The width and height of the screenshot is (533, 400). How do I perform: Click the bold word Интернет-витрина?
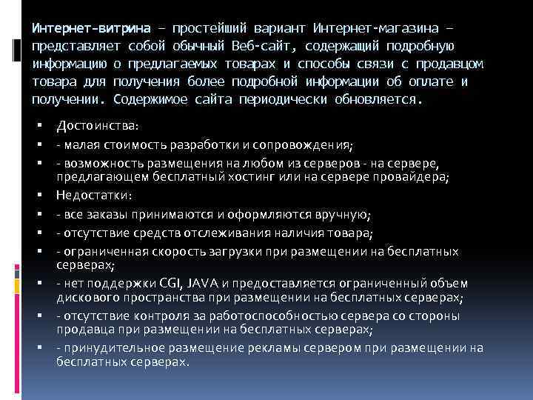pos(89,29)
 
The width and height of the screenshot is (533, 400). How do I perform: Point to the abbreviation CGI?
pos(165,283)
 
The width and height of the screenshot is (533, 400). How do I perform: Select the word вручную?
pos(345,215)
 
